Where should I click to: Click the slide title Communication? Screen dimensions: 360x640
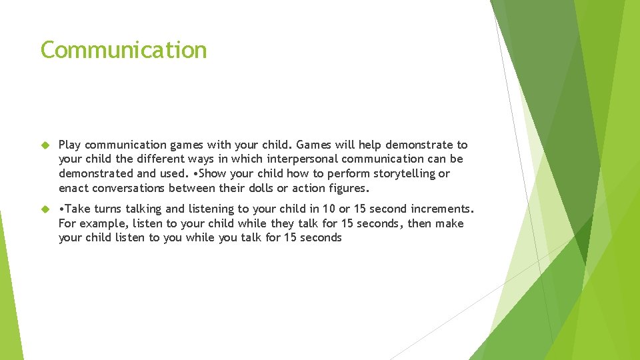[x=123, y=50]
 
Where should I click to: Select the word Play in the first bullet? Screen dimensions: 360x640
[x=70, y=145]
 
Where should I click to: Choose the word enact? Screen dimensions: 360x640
[x=72, y=188]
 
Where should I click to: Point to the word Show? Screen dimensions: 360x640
[x=223, y=173]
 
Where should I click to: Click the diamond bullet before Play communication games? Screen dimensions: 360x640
[x=45, y=145]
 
